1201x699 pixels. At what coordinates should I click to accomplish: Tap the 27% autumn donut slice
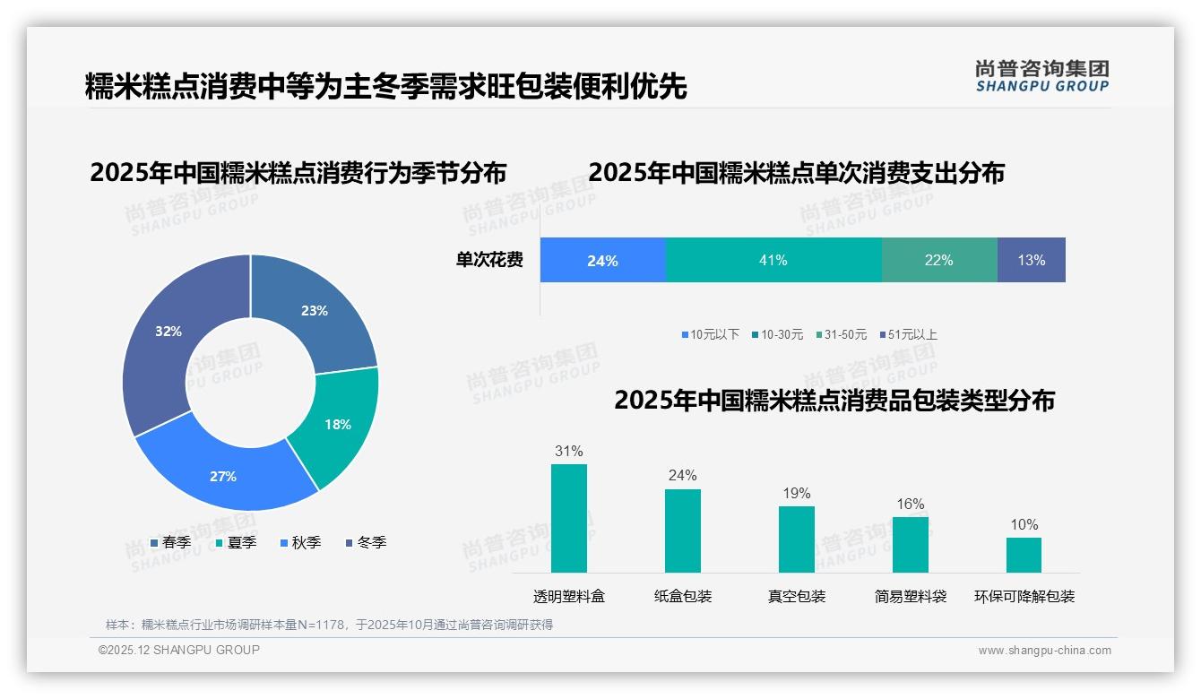(224, 475)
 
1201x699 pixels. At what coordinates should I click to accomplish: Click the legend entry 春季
(170, 542)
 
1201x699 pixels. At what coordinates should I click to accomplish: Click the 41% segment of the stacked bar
(773, 260)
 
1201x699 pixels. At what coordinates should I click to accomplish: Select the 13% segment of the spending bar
(1031, 260)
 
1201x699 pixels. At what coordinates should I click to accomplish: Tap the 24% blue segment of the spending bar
(602, 260)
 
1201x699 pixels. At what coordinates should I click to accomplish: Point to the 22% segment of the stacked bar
(938, 260)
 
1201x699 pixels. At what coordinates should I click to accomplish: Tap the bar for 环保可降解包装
(1024, 555)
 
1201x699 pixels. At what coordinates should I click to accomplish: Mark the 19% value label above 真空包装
(796, 494)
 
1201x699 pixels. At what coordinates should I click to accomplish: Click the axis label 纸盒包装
(683, 596)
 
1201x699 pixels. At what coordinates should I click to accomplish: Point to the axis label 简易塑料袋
(911, 596)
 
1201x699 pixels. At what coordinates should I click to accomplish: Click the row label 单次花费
(489, 260)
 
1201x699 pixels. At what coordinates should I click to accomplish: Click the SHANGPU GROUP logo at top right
(1041, 76)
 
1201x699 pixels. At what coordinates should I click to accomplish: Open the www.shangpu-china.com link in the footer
(1044, 651)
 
